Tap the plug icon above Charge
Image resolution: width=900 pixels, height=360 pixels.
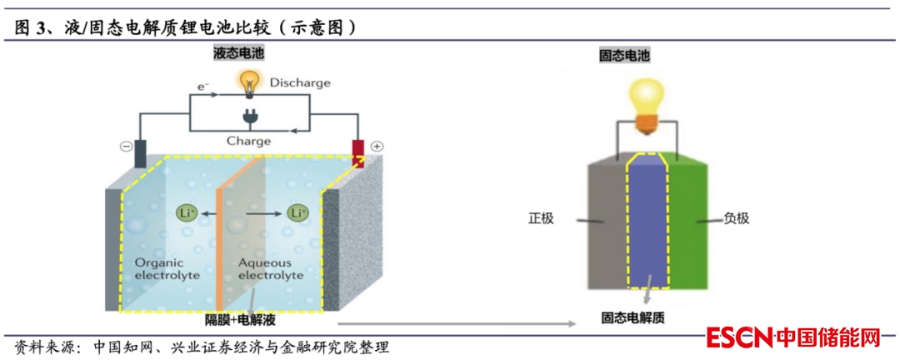[247, 117]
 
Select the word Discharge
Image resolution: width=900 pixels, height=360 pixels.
[300, 82]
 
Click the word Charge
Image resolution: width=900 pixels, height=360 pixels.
[249, 141]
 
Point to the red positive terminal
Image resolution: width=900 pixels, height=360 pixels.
[358, 152]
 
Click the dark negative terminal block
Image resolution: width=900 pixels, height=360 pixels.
[140, 152]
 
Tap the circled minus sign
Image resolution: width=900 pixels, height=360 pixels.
[126, 147]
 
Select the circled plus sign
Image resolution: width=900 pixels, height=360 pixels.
[377, 147]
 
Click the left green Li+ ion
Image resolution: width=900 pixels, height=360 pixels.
[187, 213]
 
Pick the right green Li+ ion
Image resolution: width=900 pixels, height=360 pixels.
[297, 213]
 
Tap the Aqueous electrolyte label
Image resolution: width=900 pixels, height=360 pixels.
[271, 267]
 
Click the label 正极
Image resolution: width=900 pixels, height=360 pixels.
[540, 218]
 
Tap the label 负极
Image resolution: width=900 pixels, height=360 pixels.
[736, 218]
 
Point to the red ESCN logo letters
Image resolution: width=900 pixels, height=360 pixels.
[739, 337]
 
